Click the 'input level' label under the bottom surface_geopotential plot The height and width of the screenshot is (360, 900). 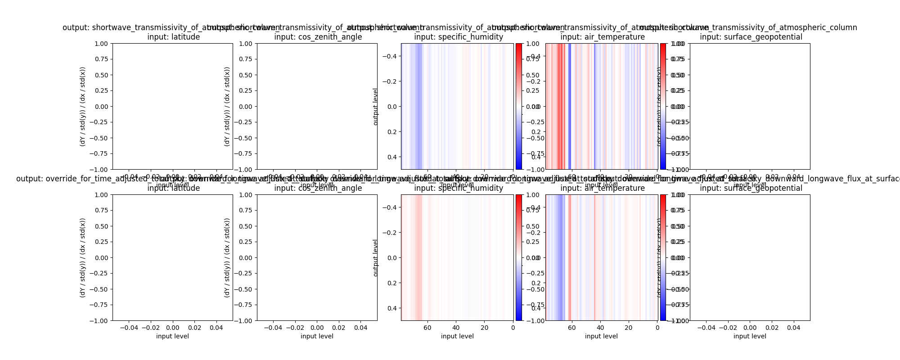750,336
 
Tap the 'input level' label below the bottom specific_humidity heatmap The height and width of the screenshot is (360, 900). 457,336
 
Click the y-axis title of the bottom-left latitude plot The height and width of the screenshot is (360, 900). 82,257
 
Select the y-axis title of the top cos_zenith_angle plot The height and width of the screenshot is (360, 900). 227,106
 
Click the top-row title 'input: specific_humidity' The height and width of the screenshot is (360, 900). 459,37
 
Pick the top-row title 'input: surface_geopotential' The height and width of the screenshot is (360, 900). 751,37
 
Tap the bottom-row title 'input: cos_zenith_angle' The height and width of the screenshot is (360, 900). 318,188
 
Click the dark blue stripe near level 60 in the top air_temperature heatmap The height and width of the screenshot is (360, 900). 570,106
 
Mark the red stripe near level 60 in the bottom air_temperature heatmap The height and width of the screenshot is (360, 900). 570,257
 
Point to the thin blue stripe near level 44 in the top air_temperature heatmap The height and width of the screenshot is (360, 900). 594,106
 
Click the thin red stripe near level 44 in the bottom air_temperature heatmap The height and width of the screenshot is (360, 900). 594,257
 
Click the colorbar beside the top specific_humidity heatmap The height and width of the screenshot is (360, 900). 519,106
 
